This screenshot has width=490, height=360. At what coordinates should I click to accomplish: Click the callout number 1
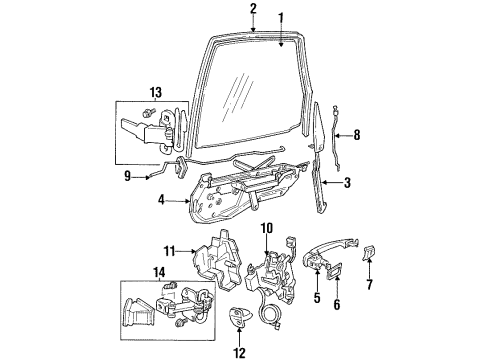coord(280,16)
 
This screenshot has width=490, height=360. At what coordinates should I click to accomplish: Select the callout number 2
coord(253,8)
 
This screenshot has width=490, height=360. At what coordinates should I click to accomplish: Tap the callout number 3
coord(346,184)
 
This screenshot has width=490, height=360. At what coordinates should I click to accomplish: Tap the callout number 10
coord(267,228)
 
